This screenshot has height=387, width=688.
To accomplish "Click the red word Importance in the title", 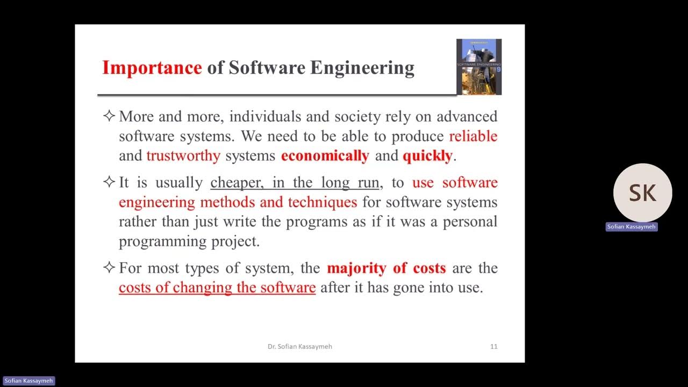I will coord(152,68).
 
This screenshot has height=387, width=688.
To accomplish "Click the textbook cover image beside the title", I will coord(478,67).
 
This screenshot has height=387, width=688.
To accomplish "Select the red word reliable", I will coord(473,136).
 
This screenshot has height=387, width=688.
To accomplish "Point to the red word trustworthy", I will coord(183,156).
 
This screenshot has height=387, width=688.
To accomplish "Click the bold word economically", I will coord(325,156).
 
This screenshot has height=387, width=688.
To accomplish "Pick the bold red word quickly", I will coord(427,156).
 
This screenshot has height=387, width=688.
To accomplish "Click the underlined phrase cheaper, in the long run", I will coord(295,183).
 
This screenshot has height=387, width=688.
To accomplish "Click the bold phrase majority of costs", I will coord(386,268).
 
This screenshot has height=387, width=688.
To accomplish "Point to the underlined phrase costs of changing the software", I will coord(217,287).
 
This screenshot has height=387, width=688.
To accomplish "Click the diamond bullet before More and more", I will coord(109,116).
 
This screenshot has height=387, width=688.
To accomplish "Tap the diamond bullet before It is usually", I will coord(109,182).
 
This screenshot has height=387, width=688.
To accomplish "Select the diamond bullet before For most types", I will coord(109,267).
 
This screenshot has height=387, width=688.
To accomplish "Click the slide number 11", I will coord(493,347).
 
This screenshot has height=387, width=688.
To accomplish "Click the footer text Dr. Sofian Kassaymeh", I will coord(300,347).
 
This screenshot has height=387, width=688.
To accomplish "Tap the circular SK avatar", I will coord(642,193).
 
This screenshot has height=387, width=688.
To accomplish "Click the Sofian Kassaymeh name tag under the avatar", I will coord(632,227).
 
